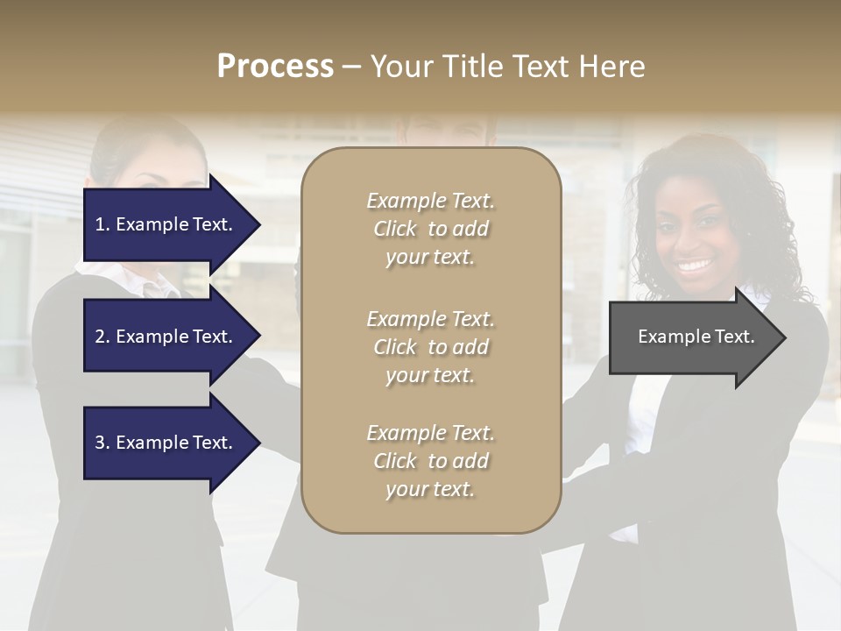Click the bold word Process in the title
pyautogui.click(x=275, y=67)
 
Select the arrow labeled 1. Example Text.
pyautogui.click(x=166, y=224)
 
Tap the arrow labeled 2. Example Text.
pyautogui.click(x=166, y=337)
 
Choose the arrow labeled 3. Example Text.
pyautogui.click(x=166, y=443)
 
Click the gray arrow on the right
pyautogui.click(x=692, y=337)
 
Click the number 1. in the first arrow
pyautogui.click(x=102, y=224)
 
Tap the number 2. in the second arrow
pyautogui.click(x=102, y=337)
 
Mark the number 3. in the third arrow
pyautogui.click(x=102, y=443)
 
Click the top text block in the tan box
pyautogui.click(x=430, y=229)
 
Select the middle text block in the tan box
pyautogui.click(x=430, y=347)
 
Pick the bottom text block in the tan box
pyautogui.click(x=430, y=461)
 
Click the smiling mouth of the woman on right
pyautogui.click(x=695, y=264)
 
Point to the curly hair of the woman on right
pyautogui.click(x=745, y=202)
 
